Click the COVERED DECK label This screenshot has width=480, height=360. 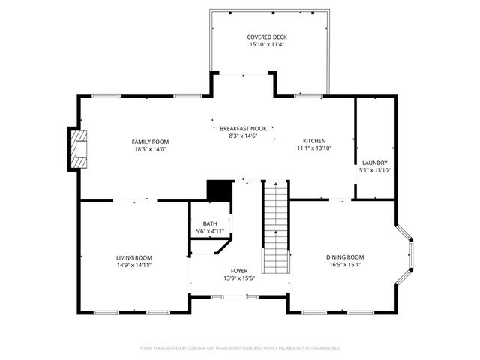(267, 37)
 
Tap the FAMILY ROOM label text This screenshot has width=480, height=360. (150, 142)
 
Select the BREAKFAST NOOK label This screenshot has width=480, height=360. (243, 128)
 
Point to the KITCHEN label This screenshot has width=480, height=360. (314, 141)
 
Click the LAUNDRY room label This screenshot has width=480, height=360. (374, 163)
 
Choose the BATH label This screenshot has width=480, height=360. (210, 224)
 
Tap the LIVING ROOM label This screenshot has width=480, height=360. (133, 257)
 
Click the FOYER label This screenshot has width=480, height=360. (239, 271)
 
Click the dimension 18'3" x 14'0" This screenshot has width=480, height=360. (150, 148)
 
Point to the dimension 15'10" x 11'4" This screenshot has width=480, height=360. (267, 45)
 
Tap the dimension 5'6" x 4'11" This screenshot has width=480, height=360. (210, 231)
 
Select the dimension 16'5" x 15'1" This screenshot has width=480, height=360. (345, 264)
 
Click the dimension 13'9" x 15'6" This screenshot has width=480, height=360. (239, 277)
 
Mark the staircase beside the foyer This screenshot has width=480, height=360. (275, 228)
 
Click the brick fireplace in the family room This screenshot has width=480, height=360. (78, 149)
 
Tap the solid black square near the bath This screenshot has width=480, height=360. (217, 190)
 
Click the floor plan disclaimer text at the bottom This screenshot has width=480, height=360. (240, 348)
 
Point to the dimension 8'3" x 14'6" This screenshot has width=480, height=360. (243, 135)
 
